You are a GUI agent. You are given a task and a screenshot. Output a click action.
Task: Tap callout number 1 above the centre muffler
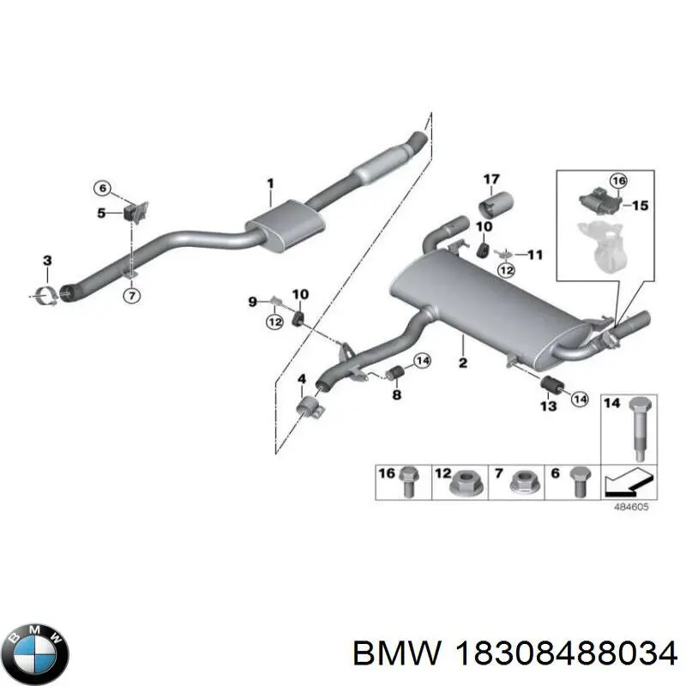[x=270, y=183]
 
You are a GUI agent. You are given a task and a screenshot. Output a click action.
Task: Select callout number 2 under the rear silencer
[x=463, y=362]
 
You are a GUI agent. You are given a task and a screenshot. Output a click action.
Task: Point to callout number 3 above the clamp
[x=47, y=261]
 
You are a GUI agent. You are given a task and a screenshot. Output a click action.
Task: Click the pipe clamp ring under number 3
[x=47, y=295]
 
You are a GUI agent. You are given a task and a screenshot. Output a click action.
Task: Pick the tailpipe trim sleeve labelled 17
[x=496, y=207]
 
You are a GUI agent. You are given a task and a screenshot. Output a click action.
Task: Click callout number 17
[x=491, y=179]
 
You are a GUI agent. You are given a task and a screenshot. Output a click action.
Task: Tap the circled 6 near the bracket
[x=103, y=188]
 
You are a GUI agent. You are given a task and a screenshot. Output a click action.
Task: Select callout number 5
[x=101, y=213]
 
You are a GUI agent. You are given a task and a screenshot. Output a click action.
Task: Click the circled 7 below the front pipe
[x=132, y=296]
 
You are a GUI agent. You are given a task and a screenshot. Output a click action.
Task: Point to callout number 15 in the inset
[x=641, y=205]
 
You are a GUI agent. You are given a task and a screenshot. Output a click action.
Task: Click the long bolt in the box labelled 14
[x=638, y=428]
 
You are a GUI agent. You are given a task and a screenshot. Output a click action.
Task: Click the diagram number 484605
[x=631, y=507]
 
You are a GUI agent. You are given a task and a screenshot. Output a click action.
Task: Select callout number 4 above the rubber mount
[x=302, y=379]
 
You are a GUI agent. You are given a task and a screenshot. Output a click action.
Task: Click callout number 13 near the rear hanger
[x=549, y=406]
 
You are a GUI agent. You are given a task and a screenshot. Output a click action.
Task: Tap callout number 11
[x=534, y=254]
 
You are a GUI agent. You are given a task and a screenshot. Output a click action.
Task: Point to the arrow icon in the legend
[x=629, y=482]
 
